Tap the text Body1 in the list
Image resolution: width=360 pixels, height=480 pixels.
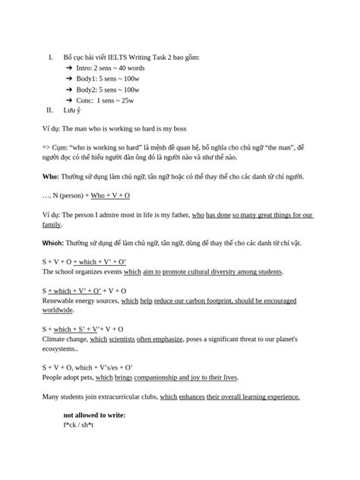pos(87,78)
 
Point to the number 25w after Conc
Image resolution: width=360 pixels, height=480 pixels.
pos(127,99)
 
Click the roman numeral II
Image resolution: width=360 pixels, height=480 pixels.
pos(50,110)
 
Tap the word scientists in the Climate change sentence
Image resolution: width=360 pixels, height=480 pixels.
pos(122,339)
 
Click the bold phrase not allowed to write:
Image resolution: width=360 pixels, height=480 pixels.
pos(94,415)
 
